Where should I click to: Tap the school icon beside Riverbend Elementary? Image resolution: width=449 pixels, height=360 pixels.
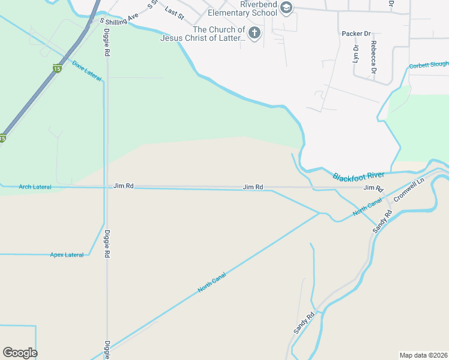click(x=286, y=7)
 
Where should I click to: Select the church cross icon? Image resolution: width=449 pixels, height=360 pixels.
click(x=255, y=32)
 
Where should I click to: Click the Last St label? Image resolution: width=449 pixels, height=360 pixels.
click(x=174, y=12)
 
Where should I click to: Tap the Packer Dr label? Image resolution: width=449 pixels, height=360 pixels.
click(x=357, y=34)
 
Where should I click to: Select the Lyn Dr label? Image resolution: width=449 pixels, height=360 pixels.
click(x=355, y=54)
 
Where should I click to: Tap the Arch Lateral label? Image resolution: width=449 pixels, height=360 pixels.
click(x=35, y=187)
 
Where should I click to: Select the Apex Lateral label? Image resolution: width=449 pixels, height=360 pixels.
click(x=67, y=255)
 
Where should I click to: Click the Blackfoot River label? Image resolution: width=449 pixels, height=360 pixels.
click(x=358, y=176)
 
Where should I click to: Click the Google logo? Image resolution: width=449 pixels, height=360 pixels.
click(x=20, y=353)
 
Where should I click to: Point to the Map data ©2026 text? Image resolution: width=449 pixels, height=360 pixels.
click(x=423, y=355)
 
